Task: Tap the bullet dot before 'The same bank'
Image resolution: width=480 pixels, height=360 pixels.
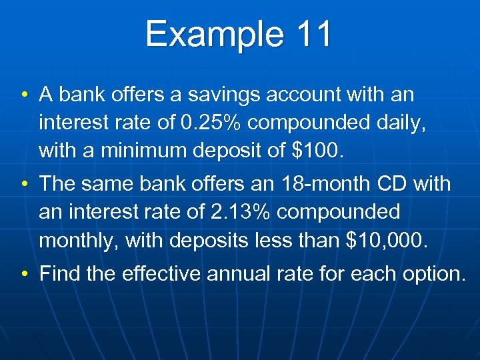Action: pyautogui.click(x=25, y=184)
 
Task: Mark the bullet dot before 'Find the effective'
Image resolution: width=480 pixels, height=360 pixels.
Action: pyautogui.click(x=25, y=273)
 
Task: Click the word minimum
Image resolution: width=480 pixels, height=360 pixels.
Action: pyautogui.click(x=147, y=151)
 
